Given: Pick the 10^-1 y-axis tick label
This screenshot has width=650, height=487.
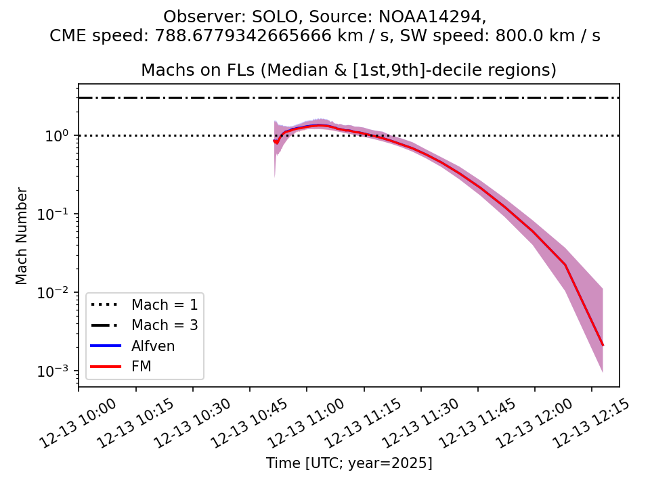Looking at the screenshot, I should pos(58,214).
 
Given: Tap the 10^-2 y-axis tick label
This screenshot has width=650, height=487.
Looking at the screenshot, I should pos(58,293).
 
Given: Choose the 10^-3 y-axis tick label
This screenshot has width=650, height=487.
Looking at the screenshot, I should pos(58,371).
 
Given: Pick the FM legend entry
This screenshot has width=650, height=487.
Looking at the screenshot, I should pos(142,366).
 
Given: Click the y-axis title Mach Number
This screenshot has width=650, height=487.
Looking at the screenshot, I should pos(22,236).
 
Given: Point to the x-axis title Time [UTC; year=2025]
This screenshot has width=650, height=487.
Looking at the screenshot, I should pos(349,463).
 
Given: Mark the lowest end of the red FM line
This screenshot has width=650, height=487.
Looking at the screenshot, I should pos(603,346).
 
